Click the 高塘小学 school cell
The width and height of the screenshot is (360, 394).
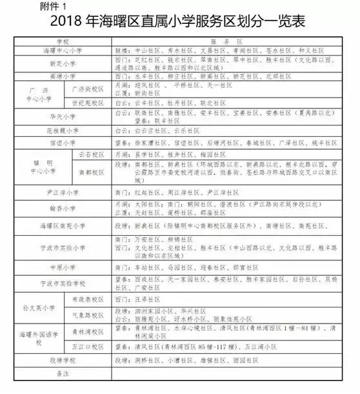coord(62,78)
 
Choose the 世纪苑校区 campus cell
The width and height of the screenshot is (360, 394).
coord(87,103)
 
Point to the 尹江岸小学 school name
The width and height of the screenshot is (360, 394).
coord(62,192)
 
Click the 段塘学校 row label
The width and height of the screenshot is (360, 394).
coord(62,358)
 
